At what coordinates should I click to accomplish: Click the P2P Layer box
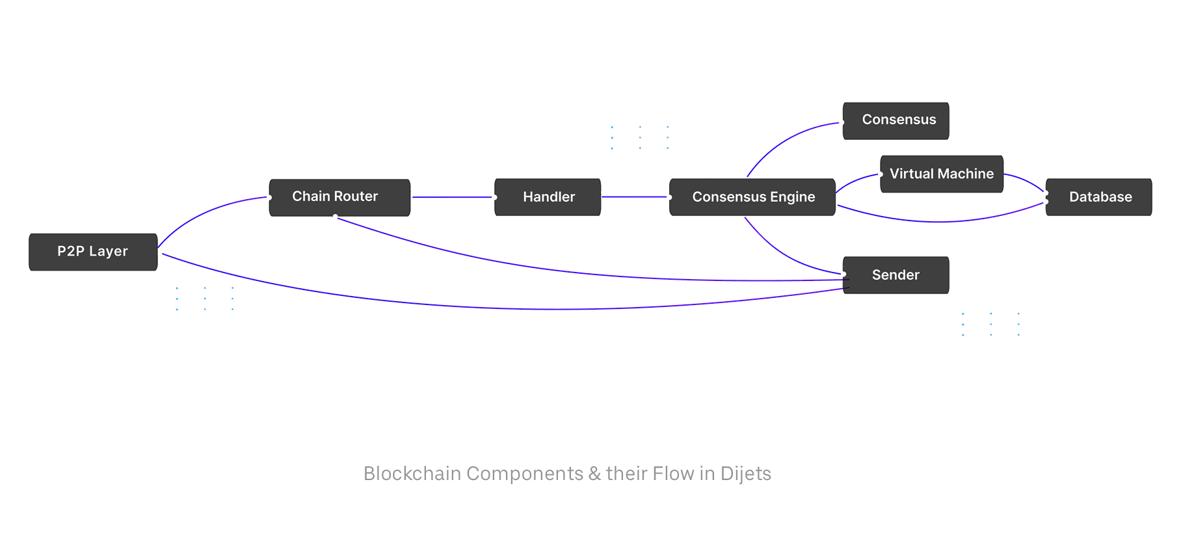(93, 252)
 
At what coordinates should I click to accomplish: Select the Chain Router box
(339, 197)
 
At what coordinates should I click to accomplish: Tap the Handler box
(548, 197)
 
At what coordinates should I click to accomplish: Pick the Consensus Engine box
(752, 197)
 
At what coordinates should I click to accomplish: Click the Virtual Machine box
(941, 174)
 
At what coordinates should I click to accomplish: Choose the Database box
(1099, 197)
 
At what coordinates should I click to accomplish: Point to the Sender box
(896, 275)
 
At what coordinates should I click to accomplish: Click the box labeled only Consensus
(897, 120)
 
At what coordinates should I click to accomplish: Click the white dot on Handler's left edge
(495, 197)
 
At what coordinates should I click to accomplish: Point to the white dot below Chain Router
(335, 217)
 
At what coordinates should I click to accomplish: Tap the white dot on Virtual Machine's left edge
(881, 174)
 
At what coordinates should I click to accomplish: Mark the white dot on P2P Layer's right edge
(160, 252)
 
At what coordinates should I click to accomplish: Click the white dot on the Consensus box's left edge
(842, 122)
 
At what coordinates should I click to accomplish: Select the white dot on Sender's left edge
(843, 274)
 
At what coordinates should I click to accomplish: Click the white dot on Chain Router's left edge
(269, 198)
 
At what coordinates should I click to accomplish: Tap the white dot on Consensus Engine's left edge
(669, 197)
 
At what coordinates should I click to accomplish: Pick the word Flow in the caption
(673, 474)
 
